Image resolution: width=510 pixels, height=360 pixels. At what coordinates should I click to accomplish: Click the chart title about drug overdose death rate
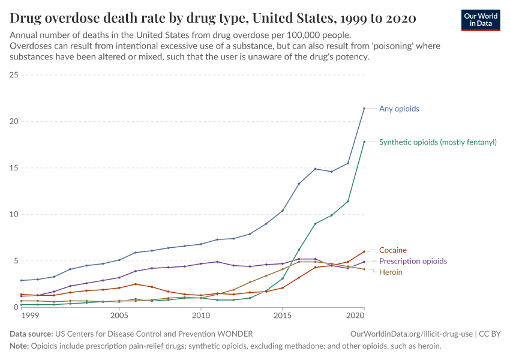point(213,18)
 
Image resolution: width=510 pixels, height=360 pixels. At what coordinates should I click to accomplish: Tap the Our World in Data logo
point(480,19)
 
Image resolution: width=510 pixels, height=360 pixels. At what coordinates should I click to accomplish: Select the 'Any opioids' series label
point(399,109)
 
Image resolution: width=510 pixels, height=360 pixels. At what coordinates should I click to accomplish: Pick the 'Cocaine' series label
point(392,250)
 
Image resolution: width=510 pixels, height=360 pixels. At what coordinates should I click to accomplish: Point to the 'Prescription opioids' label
point(413,262)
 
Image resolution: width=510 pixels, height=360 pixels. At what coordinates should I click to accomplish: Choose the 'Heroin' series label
point(390,272)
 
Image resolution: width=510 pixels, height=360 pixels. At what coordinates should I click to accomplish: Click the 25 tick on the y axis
point(14,75)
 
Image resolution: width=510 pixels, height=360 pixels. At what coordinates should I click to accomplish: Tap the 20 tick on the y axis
point(14,121)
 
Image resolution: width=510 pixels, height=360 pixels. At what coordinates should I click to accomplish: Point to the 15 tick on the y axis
point(14,168)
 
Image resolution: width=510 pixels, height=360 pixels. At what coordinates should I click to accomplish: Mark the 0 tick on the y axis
point(16,307)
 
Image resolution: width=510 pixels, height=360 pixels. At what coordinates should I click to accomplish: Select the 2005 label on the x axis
point(119,315)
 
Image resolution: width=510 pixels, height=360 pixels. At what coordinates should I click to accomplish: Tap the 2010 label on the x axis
point(200,315)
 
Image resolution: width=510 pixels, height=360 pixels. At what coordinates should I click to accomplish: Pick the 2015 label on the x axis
point(282,315)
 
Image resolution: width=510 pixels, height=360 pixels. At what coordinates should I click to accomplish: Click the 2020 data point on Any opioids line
point(364,109)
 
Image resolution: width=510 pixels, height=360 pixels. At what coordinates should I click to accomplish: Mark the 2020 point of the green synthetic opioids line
point(364,142)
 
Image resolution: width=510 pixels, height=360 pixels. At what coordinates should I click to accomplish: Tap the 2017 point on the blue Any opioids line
point(315,169)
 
